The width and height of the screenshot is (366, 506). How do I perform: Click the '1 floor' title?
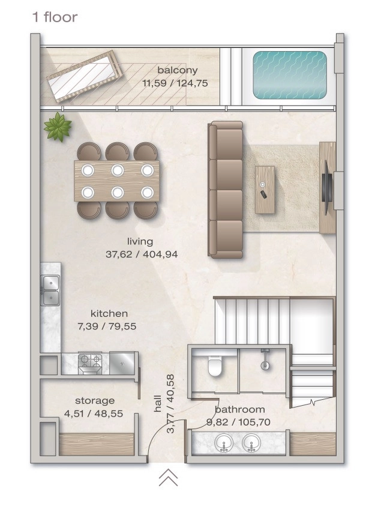[55, 17]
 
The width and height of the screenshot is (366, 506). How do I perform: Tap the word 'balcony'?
[178, 70]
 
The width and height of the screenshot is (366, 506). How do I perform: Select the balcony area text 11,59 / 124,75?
[175, 83]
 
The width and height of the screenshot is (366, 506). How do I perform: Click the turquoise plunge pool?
[290, 75]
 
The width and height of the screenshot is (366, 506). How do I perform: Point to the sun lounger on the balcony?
[84, 76]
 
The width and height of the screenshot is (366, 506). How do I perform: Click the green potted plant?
[58, 127]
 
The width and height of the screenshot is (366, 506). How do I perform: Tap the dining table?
[116, 181]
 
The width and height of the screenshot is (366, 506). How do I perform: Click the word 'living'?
[140, 242]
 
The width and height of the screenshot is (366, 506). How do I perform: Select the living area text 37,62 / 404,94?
[142, 255]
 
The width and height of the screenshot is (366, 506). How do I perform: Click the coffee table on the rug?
[265, 190]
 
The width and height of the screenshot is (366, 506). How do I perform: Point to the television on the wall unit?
[327, 187]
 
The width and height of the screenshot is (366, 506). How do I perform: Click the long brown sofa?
[226, 190]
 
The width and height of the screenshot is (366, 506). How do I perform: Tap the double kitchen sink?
[50, 291]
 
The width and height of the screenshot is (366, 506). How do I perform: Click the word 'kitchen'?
[109, 314]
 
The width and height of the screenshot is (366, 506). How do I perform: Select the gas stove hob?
[90, 364]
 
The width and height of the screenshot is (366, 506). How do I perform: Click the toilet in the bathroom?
[215, 366]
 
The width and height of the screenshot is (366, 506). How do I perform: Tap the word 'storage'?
[95, 401]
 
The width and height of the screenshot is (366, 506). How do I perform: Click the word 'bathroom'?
[240, 409]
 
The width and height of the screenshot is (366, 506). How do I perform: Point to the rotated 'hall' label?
[157, 403]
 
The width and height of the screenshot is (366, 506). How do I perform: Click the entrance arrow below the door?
[169, 478]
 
